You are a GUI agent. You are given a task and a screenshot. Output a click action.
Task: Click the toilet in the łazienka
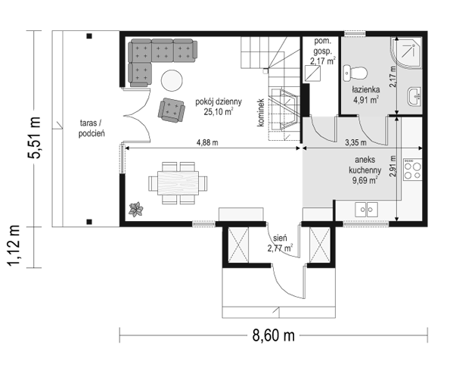pos(355,73)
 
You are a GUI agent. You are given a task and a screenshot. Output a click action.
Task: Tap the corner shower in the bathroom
pos(406,53)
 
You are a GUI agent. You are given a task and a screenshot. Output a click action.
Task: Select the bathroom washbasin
pos(414,97)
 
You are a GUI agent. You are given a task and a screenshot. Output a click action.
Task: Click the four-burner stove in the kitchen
pos(413,170)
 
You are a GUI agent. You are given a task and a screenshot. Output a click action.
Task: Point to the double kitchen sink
pos(366,209)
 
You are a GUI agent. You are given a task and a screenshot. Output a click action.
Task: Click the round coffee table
pos(172,81)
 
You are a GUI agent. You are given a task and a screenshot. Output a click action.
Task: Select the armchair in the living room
pos(171,111)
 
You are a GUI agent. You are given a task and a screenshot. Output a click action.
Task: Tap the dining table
pos(178,183)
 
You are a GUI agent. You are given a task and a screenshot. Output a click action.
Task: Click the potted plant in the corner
pos(136,209)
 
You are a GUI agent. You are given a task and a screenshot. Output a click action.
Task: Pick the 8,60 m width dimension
pos(274,335)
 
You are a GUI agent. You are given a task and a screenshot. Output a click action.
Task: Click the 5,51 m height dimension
pos(34,137)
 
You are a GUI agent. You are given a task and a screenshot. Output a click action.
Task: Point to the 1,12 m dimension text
pos(14,245)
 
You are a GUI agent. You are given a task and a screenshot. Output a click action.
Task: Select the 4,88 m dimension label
pos(207,142)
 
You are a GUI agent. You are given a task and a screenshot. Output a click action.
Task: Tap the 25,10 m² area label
pos(219,112)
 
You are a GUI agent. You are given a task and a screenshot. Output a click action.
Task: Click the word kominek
pos(261,113)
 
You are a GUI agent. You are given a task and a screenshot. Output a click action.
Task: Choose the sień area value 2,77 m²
pos(280,248)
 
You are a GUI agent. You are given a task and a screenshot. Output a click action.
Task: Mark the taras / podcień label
pos(92,129)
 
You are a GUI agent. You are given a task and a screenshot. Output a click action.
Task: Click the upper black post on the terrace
pos(89,36)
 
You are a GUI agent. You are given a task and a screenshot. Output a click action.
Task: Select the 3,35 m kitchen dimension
pos(356,142)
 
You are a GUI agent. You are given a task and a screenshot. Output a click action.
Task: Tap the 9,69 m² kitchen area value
pos(365,180)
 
